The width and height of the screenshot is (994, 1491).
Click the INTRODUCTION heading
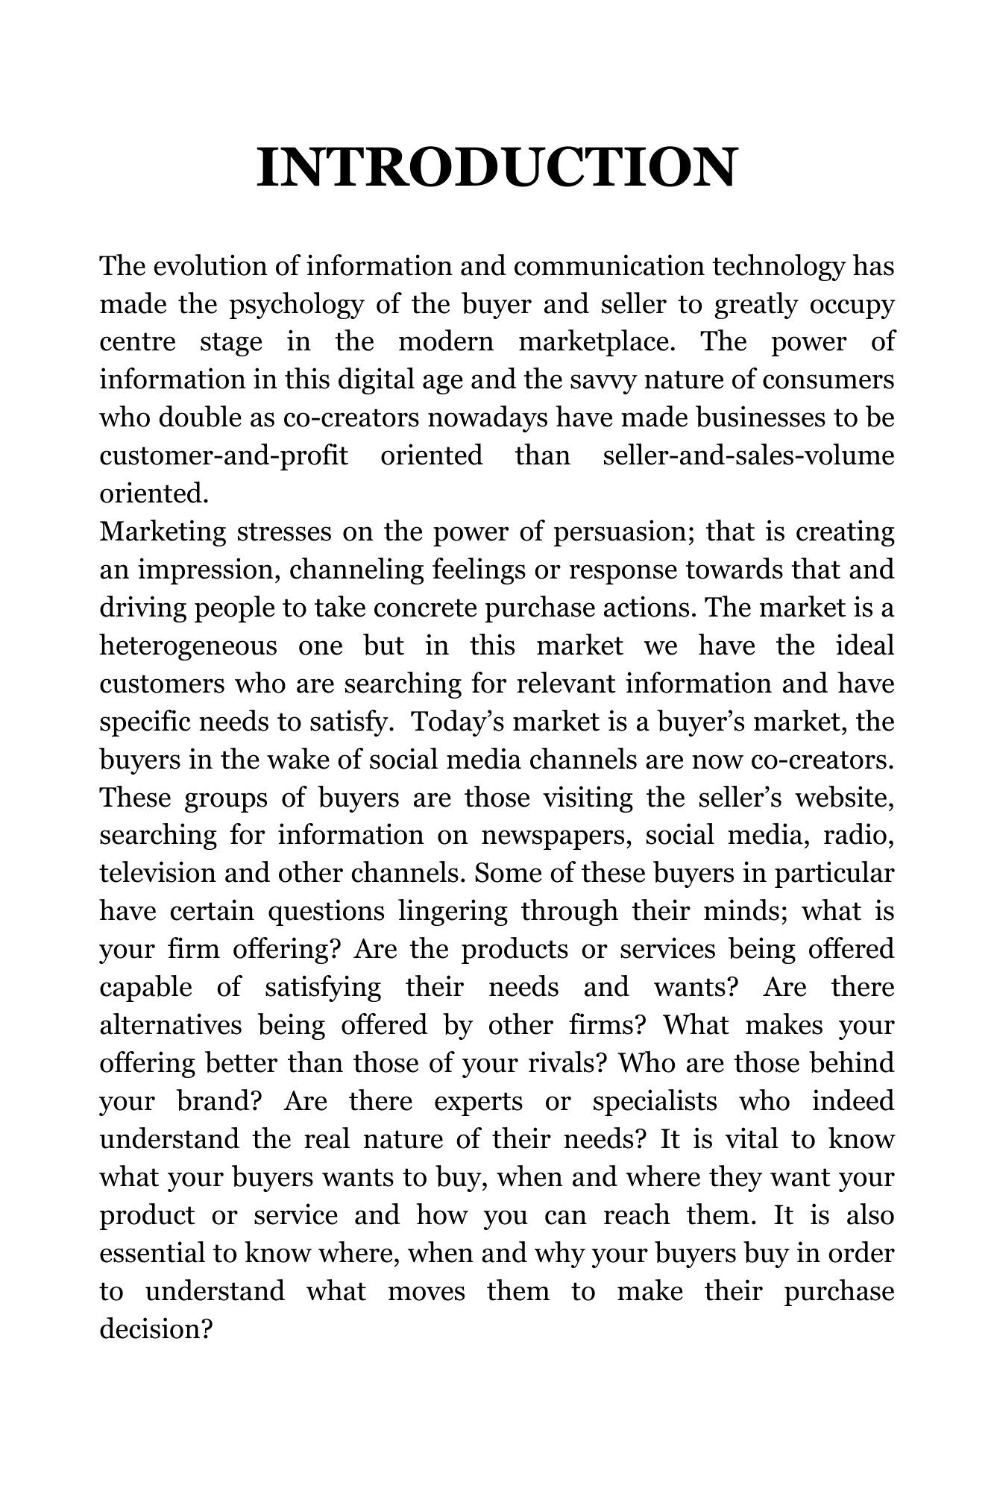click(497, 167)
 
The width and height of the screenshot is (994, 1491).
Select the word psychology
click(297, 304)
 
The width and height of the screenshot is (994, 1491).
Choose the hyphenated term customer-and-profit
click(224, 456)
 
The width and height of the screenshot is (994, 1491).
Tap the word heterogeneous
click(189, 646)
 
